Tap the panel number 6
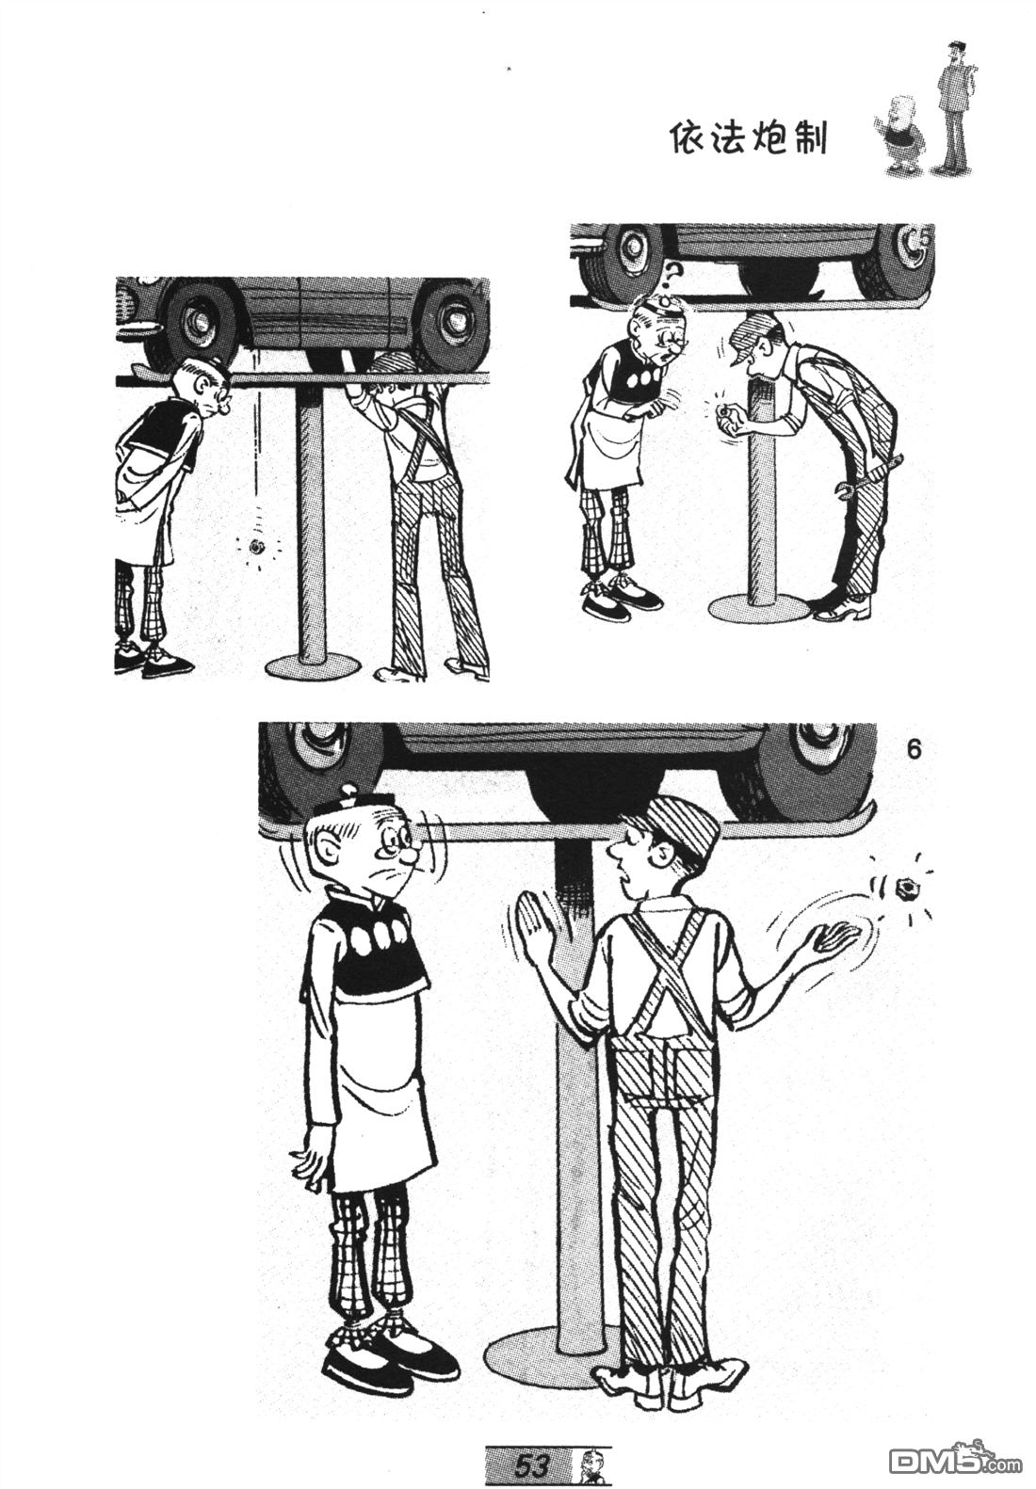(x=915, y=749)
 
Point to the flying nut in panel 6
(x=903, y=886)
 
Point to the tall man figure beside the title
(x=951, y=106)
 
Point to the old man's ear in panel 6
(x=324, y=857)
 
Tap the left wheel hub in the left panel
(x=197, y=318)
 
